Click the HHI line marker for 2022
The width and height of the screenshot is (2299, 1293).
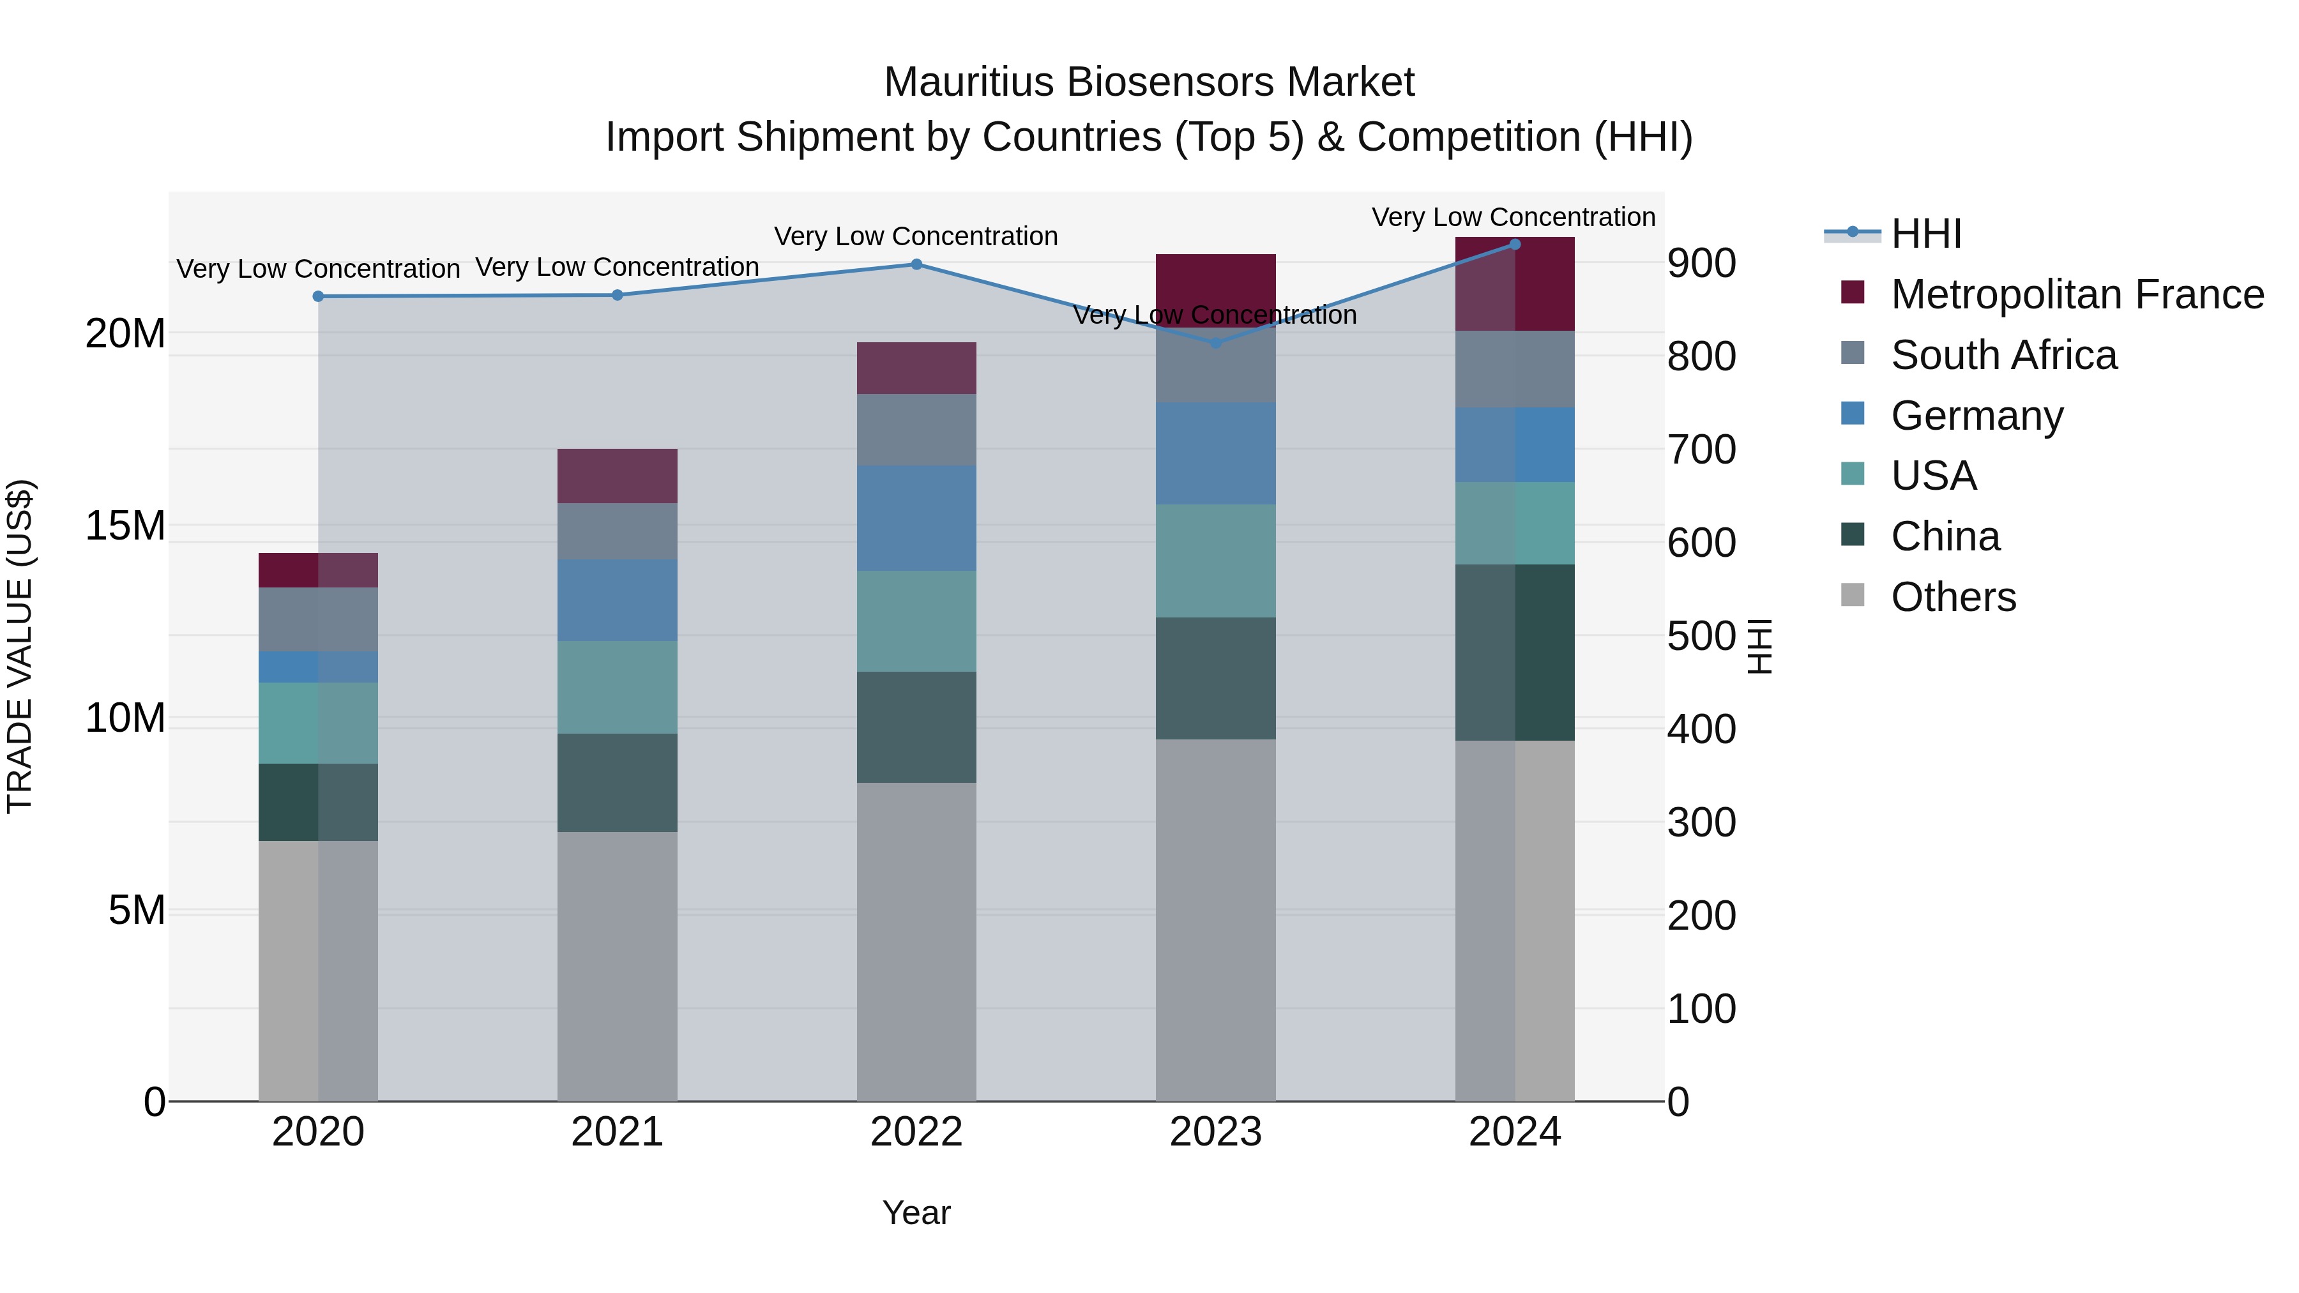pyautogui.click(x=916, y=264)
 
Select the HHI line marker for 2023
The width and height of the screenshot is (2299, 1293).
pyautogui.click(x=1215, y=343)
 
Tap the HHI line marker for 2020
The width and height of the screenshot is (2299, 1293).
pyautogui.click(x=318, y=296)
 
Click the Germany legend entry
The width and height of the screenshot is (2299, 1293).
pyautogui.click(x=1976, y=416)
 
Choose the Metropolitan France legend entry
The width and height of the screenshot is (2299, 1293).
pyautogui.click(x=2076, y=294)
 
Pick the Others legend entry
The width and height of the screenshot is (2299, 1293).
pyautogui.click(x=1953, y=597)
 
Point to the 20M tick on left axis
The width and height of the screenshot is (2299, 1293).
pyautogui.click(x=125, y=334)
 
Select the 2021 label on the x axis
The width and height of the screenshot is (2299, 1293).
pyautogui.click(x=617, y=1132)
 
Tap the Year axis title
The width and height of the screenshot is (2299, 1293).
pyautogui.click(x=916, y=1213)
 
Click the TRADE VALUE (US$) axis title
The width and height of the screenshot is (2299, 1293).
pyautogui.click(x=20, y=646)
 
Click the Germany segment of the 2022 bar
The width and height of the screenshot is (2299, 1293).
pyautogui.click(x=916, y=518)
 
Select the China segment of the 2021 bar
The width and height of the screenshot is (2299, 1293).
pyautogui.click(x=617, y=783)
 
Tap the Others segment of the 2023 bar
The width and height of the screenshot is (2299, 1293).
pyautogui.click(x=1215, y=919)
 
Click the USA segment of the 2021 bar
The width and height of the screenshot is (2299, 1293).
pyautogui.click(x=617, y=687)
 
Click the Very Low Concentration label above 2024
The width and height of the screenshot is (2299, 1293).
pyautogui.click(x=1513, y=217)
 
